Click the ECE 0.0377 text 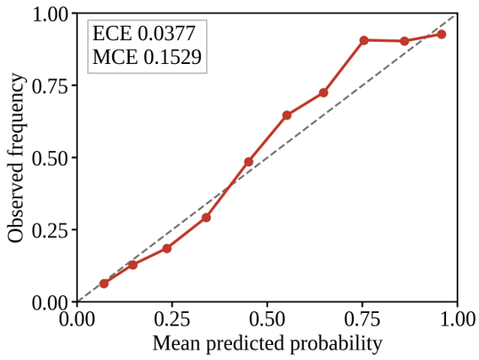tap(144, 33)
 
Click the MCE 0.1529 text tap(147, 57)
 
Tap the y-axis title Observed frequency tap(16, 158)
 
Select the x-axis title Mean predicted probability tap(267, 343)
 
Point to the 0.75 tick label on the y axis tap(51, 86)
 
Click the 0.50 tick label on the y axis tap(51, 158)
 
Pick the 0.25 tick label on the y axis tap(51, 230)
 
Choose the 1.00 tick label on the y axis tap(51, 14)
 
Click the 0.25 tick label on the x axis tap(172, 319)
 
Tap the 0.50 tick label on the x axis tap(267, 319)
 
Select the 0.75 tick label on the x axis tap(363, 319)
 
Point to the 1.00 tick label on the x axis tap(458, 319)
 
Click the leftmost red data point tap(104, 284)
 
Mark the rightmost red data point tap(441, 35)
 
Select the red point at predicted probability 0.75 tap(363, 40)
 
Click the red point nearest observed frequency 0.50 tap(249, 162)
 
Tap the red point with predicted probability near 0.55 tap(287, 116)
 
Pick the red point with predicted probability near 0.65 tap(323, 92)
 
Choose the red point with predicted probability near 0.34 tap(206, 218)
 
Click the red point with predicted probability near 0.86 tap(404, 41)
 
